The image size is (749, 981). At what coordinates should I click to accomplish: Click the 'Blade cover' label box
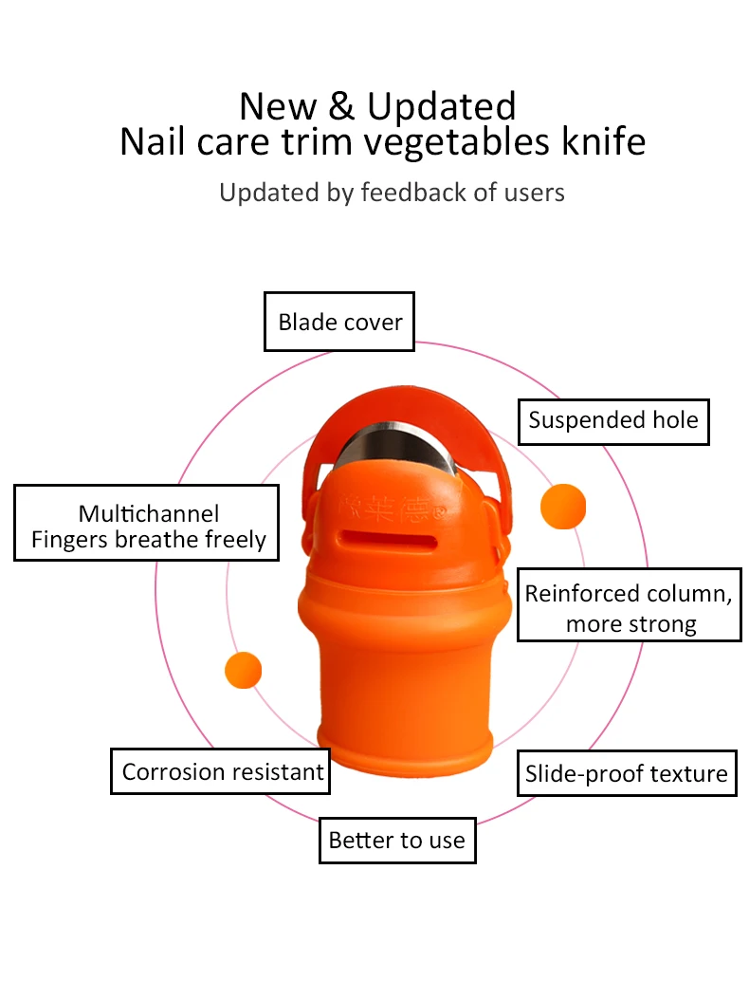[339, 322]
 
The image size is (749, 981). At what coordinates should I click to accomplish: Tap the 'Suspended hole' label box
[612, 420]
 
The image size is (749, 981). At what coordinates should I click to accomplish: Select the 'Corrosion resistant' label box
[221, 772]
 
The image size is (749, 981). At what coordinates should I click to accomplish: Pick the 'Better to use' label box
[396, 840]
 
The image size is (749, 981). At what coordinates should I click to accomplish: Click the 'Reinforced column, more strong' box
[629, 608]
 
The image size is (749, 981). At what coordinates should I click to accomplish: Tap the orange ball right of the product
[562, 507]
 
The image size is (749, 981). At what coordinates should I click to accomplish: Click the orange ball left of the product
[244, 670]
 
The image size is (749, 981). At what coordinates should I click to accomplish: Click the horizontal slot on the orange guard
[393, 539]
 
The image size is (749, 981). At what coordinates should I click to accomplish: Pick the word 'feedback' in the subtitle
[409, 193]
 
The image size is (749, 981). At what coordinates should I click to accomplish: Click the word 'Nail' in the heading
[154, 141]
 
